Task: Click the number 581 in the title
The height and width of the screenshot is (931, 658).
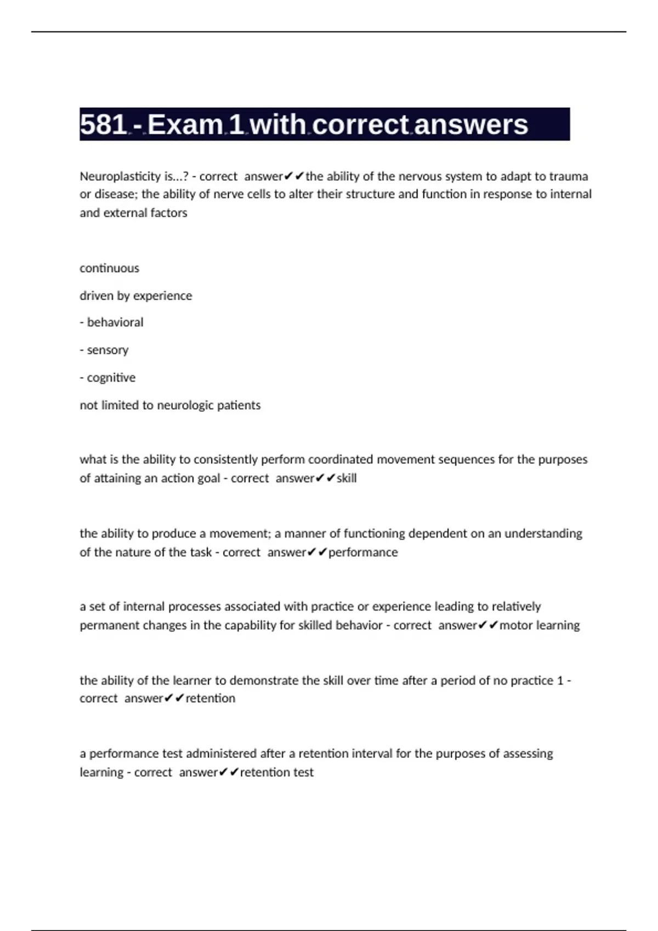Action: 103,124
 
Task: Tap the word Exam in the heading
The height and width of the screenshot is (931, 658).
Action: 185,124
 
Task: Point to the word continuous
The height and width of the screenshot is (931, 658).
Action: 109,268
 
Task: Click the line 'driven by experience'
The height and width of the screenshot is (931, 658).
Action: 135,296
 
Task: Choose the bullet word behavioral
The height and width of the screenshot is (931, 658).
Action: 115,323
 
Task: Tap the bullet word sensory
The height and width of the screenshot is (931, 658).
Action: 107,350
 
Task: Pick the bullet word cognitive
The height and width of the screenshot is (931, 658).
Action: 111,378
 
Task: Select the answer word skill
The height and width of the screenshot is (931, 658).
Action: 347,478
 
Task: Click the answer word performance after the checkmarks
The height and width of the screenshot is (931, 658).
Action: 363,552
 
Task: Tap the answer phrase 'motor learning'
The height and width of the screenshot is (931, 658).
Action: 539,625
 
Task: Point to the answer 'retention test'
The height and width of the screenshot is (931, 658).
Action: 277,772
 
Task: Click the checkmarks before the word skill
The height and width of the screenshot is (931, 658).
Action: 325,478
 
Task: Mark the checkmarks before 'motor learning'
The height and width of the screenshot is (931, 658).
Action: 487,625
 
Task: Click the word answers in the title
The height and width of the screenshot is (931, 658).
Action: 471,124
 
